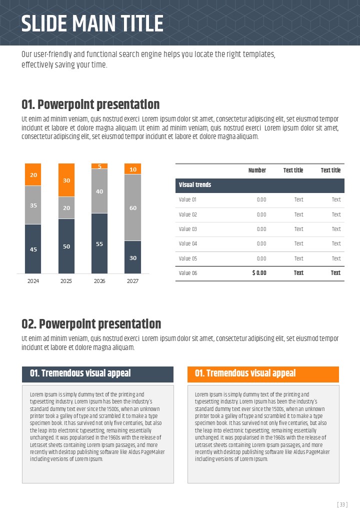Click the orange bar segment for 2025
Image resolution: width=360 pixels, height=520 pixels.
click(66, 180)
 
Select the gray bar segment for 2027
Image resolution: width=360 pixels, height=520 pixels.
click(133, 207)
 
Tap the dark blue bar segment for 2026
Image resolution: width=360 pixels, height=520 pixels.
click(99, 243)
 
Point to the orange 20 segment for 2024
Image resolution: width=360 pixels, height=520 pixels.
click(33, 175)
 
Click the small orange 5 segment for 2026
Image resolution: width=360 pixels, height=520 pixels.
click(99, 166)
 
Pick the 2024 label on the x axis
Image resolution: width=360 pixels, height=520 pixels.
click(33, 281)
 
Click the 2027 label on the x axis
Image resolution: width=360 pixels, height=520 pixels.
click(132, 281)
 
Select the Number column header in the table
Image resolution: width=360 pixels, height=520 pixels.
click(257, 170)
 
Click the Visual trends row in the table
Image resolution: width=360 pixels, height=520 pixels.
click(260, 185)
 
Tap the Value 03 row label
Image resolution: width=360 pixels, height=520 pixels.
click(188, 229)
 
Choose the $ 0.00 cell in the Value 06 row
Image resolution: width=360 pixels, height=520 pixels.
click(259, 273)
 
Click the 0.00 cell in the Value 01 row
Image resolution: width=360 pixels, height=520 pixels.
click(261, 199)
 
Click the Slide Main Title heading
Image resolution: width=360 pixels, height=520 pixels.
click(92, 23)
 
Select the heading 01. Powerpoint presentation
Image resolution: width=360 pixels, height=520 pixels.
click(90, 104)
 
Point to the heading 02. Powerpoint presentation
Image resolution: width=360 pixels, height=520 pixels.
click(91, 324)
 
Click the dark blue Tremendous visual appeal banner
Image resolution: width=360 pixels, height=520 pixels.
click(97, 374)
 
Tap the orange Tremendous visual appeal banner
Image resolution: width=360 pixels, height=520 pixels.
click(263, 374)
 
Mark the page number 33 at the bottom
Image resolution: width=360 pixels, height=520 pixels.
click(342, 505)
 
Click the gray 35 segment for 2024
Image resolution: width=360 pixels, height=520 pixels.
click(33, 205)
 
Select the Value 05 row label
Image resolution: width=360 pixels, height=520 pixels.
click(188, 258)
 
